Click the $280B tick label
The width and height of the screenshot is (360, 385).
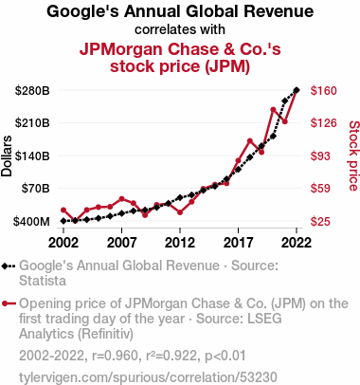[x=32, y=91]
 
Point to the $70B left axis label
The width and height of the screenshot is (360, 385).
[x=35, y=189]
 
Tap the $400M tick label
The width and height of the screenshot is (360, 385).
[x=31, y=221]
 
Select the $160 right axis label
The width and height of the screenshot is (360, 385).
[x=324, y=91]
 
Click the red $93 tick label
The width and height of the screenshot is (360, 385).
[x=320, y=156]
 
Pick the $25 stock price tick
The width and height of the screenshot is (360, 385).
[x=320, y=221]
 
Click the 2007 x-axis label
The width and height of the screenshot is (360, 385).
[x=121, y=243]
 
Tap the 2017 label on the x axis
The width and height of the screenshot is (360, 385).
[x=238, y=243]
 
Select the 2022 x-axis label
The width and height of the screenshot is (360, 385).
[x=297, y=243]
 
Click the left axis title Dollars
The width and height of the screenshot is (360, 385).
[x=7, y=156]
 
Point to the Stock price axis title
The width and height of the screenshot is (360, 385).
[x=354, y=156]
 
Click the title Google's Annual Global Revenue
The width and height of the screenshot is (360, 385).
[x=180, y=11]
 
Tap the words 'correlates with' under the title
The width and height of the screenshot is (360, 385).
[x=180, y=29]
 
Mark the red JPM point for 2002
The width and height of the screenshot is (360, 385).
[x=63, y=210]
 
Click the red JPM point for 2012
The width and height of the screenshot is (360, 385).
[x=180, y=212]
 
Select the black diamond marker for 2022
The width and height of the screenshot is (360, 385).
[x=297, y=90]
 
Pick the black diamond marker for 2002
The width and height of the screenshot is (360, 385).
[x=63, y=221]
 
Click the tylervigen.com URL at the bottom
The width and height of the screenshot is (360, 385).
[x=148, y=377]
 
